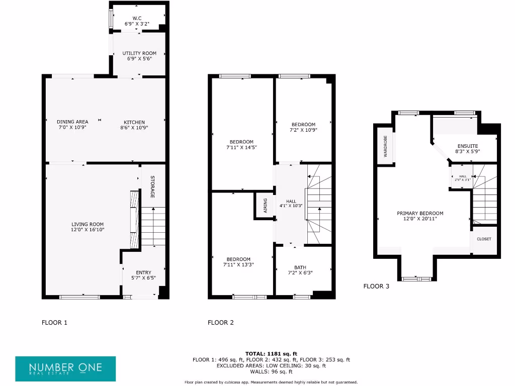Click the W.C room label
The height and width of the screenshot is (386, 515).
(x=137, y=18)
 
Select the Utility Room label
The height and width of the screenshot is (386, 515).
(x=139, y=53)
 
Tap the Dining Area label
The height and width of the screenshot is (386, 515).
(x=72, y=122)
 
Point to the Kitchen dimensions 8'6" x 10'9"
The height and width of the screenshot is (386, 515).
(x=134, y=128)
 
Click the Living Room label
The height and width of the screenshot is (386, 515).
(x=88, y=224)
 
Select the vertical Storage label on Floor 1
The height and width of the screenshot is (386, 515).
(x=152, y=186)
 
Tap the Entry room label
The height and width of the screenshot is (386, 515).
(x=144, y=272)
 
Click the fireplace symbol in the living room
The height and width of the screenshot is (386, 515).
(x=134, y=219)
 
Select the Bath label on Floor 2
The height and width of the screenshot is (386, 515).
(x=300, y=267)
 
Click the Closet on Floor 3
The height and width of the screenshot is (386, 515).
(x=484, y=239)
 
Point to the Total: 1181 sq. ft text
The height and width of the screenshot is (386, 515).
(x=271, y=354)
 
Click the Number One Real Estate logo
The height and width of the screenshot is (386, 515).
(x=65, y=369)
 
